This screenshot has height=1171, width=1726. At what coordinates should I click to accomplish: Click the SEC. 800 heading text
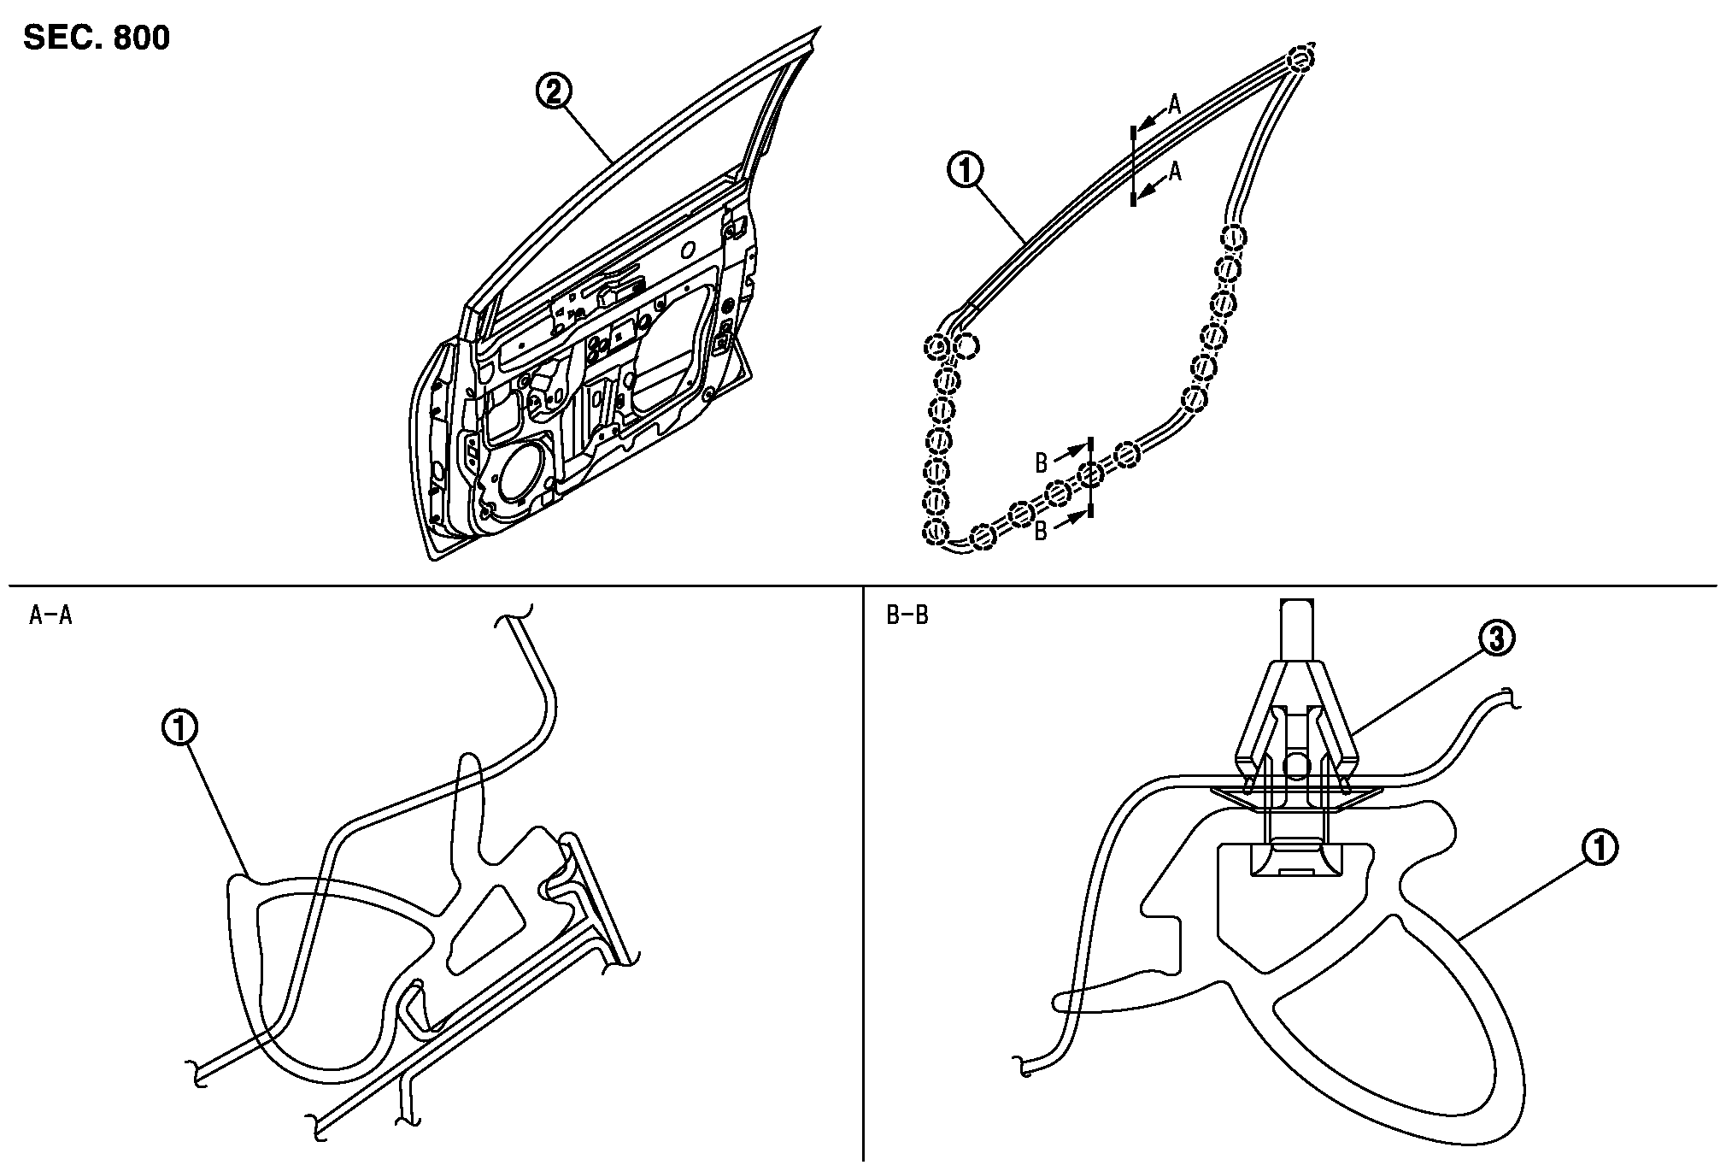coord(97,38)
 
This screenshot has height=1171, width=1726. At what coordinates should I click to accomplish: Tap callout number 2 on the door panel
coord(554,91)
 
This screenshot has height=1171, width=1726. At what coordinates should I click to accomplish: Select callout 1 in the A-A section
coord(180,728)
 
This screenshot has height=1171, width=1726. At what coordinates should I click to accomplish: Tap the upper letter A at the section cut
coord(1175,104)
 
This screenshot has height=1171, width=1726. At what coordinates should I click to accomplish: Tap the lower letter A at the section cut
coord(1175,172)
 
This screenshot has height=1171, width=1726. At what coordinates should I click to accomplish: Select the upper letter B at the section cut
coord(1042,463)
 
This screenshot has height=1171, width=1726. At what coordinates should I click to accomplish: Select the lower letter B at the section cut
coord(1042,532)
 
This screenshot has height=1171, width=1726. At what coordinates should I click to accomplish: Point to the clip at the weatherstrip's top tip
coord(1299,59)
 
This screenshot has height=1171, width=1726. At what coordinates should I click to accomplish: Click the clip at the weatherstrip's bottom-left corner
coord(937,532)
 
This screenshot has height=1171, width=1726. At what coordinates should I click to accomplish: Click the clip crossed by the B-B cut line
coord(1089,475)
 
